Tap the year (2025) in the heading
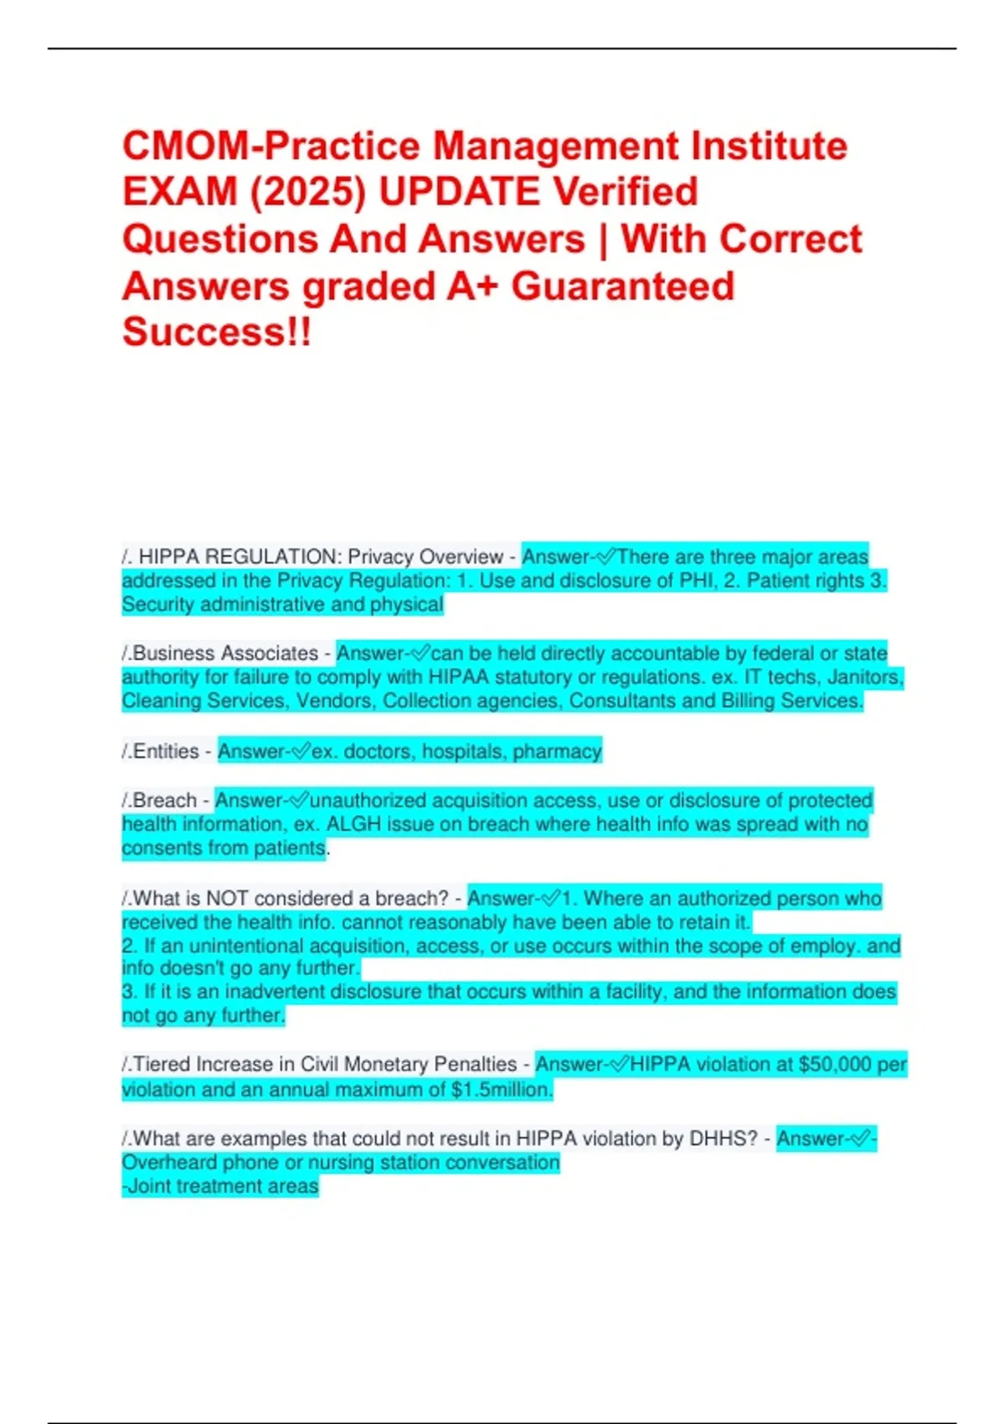[x=307, y=193]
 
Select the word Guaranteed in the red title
[x=622, y=286]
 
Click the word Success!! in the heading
[x=217, y=332]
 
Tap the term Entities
[x=166, y=751]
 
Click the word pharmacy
[x=557, y=751]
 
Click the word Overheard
[x=162, y=1163]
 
